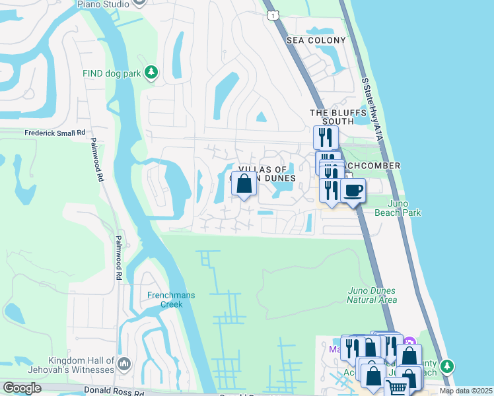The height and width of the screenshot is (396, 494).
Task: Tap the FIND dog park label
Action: click(112, 73)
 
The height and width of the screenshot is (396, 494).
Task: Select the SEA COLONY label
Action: click(316, 40)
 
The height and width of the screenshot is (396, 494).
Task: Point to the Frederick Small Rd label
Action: click(55, 133)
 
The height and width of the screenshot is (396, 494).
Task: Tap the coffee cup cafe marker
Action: click(353, 191)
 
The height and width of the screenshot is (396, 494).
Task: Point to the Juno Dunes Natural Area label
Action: click(372, 295)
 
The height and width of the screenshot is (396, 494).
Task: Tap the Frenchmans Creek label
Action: click(171, 300)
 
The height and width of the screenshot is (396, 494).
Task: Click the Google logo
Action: click(22, 387)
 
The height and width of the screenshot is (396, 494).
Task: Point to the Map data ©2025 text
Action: click(466, 391)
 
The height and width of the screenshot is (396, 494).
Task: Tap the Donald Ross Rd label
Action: click(114, 391)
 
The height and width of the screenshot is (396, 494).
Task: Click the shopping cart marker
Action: click(396, 387)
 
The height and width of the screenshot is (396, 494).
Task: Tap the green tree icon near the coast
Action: click(447, 365)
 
